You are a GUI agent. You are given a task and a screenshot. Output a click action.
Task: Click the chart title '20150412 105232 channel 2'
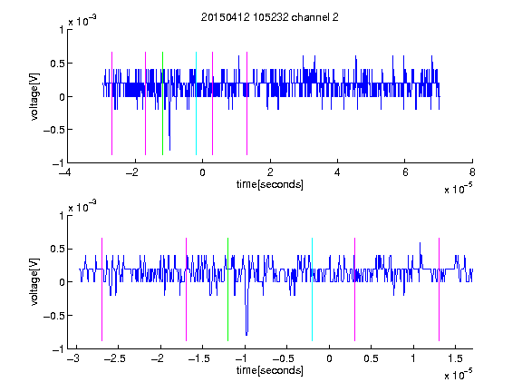tap(270, 17)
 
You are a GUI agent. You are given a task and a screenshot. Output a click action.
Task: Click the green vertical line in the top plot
tap(162, 103)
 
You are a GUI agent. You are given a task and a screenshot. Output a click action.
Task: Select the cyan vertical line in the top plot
tap(196, 103)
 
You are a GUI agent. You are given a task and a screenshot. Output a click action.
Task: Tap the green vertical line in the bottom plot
tap(227, 289)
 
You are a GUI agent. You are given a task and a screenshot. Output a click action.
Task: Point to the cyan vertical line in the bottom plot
tap(312, 289)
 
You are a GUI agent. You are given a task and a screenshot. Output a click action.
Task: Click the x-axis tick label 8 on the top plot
tap(472, 172)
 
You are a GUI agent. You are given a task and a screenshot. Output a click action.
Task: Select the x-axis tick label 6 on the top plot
tap(405, 172)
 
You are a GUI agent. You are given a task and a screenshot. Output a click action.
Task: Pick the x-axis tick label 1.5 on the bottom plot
tap(455, 358)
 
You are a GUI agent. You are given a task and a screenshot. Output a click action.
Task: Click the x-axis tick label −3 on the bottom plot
tap(73, 358)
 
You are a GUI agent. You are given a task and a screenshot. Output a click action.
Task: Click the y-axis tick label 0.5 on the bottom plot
tap(57, 249)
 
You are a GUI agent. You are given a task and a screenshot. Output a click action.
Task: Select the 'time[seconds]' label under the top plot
tap(270, 184)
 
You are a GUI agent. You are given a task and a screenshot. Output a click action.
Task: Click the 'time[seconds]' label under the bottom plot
tap(270, 370)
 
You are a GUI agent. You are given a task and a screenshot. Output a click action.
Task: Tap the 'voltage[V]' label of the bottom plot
tap(34, 282)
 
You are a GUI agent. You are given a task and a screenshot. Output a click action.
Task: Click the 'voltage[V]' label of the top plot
tap(34, 96)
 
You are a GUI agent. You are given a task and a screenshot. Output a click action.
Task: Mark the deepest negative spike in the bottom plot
tap(246, 334)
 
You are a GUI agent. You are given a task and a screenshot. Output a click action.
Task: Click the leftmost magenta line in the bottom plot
tap(101, 289)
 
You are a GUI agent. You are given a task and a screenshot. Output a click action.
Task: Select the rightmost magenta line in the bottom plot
tap(439, 289)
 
